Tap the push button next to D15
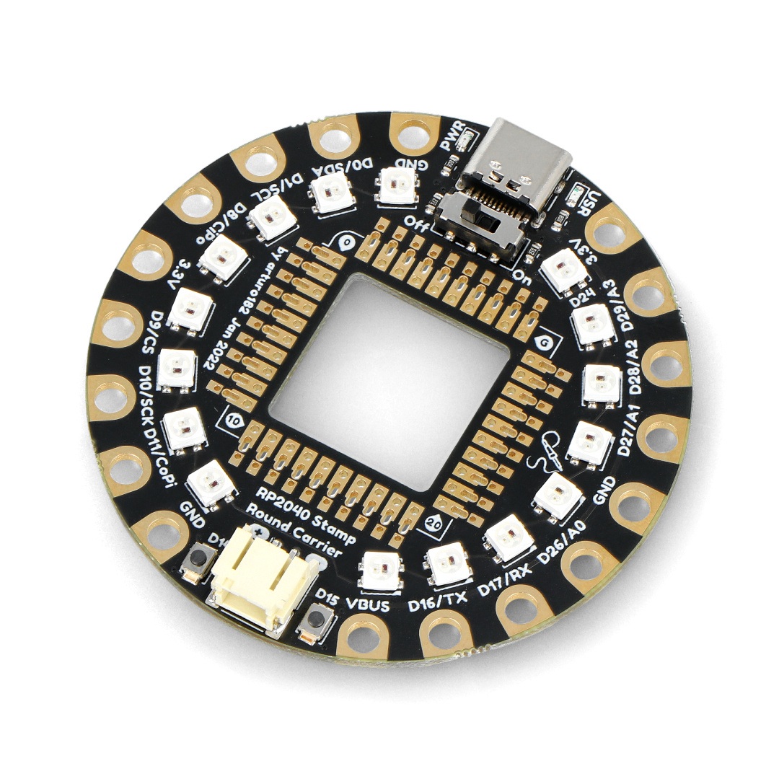point(315,620)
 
